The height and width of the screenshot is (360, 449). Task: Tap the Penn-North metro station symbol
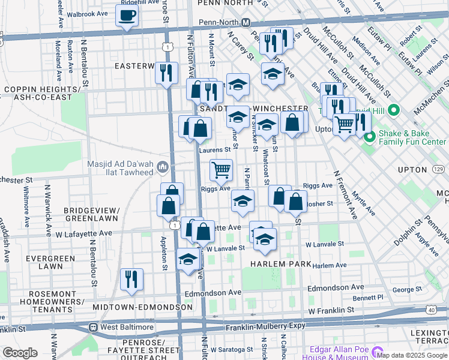pyautogui.click(x=246, y=22)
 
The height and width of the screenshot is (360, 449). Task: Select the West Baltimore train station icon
pyautogui.click(x=94, y=327)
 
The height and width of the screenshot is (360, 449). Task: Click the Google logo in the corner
pyautogui.click(x=20, y=353)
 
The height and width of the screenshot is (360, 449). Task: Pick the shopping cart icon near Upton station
pyautogui.click(x=344, y=124)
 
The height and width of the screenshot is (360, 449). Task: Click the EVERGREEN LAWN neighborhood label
pyautogui.click(x=44, y=262)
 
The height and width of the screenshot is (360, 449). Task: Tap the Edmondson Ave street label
pyautogui.click(x=215, y=293)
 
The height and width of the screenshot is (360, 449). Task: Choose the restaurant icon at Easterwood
pyautogui.click(x=166, y=73)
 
